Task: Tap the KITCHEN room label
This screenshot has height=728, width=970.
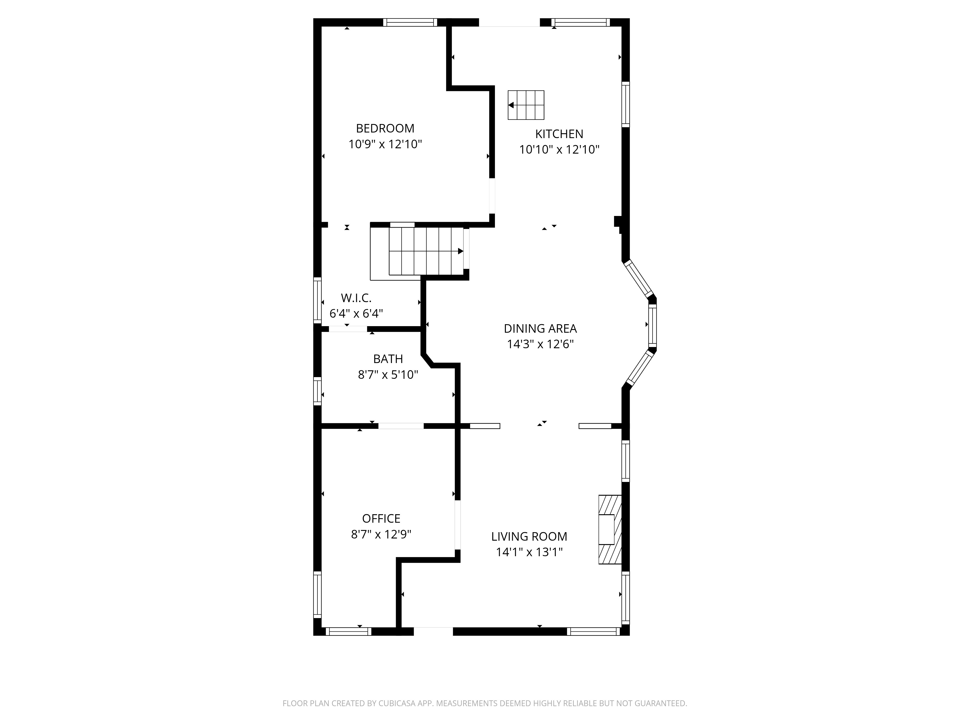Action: point(559,134)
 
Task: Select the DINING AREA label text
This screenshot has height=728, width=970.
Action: point(540,328)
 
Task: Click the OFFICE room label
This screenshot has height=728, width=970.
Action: point(381,518)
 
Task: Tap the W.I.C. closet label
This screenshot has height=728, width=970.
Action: point(356,298)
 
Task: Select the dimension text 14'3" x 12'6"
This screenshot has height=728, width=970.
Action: point(540,344)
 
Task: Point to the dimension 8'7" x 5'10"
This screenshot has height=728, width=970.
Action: point(388,374)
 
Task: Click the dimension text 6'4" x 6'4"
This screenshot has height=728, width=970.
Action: point(356,313)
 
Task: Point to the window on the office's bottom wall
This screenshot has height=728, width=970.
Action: point(348,631)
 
